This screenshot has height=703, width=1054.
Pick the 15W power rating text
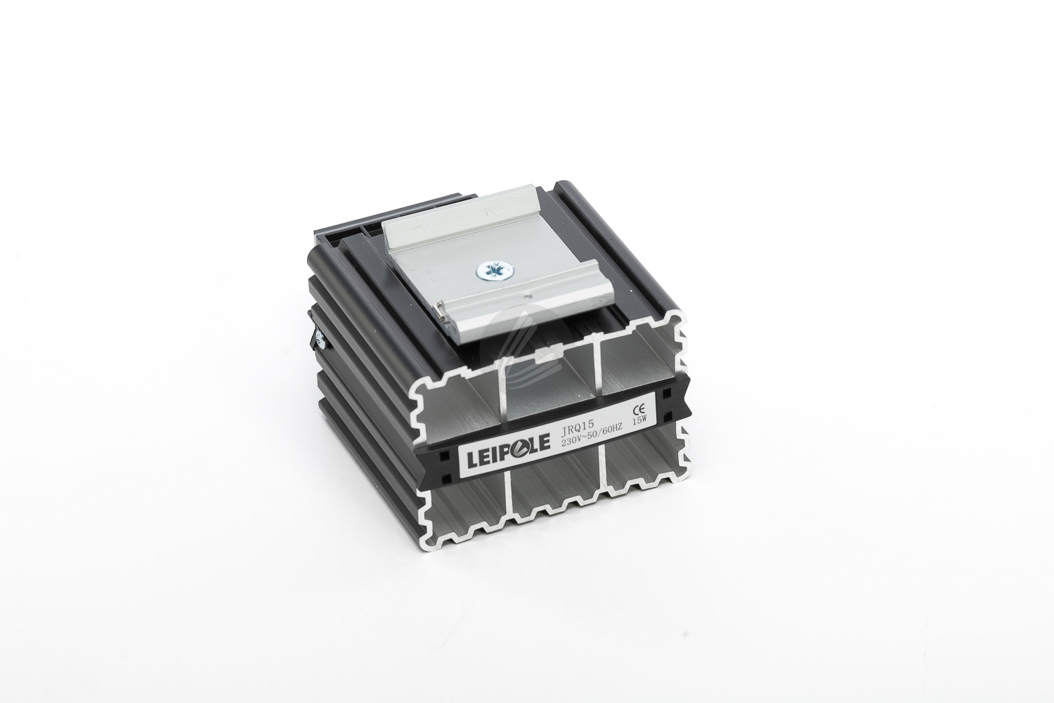click(x=640, y=420)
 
